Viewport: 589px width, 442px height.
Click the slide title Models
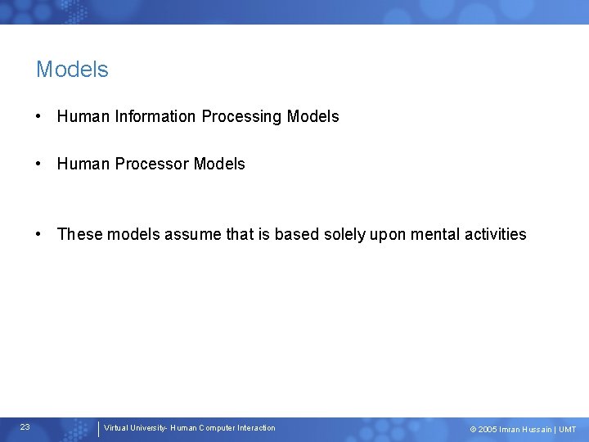point(72,70)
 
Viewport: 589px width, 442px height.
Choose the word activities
point(496,234)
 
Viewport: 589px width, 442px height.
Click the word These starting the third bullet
point(77,234)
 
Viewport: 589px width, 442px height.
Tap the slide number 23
point(25,427)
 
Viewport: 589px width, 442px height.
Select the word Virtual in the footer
point(116,428)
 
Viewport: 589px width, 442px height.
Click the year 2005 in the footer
point(488,430)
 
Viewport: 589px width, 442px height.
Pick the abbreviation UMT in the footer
point(567,430)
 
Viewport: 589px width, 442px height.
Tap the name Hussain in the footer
point(536,430)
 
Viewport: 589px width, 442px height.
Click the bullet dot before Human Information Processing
point(39,117)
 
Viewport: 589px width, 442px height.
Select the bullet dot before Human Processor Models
point(39,165)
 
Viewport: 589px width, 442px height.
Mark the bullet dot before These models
point(39,235)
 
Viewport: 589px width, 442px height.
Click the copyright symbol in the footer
point(473,430)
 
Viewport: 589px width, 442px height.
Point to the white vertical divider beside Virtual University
point(98,429)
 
